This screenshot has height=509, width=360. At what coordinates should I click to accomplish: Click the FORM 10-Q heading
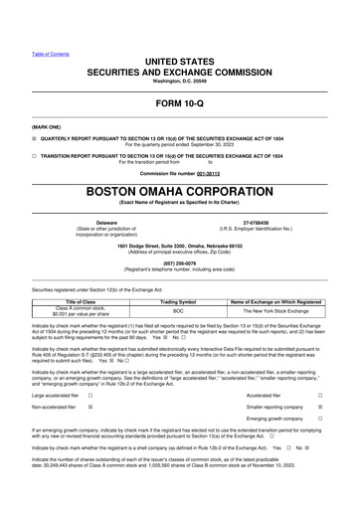[x=179, y=103]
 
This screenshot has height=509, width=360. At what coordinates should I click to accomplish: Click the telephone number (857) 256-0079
[x=179, y=262]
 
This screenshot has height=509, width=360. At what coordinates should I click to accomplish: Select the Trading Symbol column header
[x=179, y=300]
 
